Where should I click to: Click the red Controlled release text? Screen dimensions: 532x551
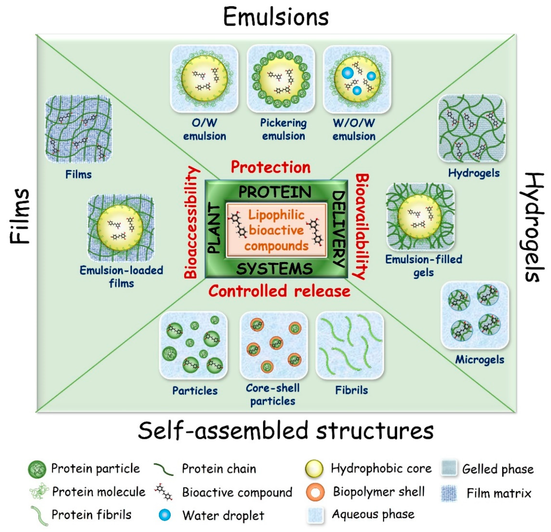279,291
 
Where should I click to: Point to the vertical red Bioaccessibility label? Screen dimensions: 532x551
192,222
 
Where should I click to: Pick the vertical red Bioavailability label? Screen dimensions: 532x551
362,226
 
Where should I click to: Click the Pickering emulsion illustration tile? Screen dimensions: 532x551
281,79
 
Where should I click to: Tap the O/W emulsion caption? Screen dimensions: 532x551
204,129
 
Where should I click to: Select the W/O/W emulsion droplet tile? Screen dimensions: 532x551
357,79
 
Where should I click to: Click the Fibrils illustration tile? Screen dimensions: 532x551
349,345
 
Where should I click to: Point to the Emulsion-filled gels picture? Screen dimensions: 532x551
420,217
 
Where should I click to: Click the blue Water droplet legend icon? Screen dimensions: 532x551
165,515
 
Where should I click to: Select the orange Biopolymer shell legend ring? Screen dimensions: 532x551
315,492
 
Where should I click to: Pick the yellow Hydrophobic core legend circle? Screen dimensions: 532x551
314,468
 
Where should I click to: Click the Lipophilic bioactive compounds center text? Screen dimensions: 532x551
276,230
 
